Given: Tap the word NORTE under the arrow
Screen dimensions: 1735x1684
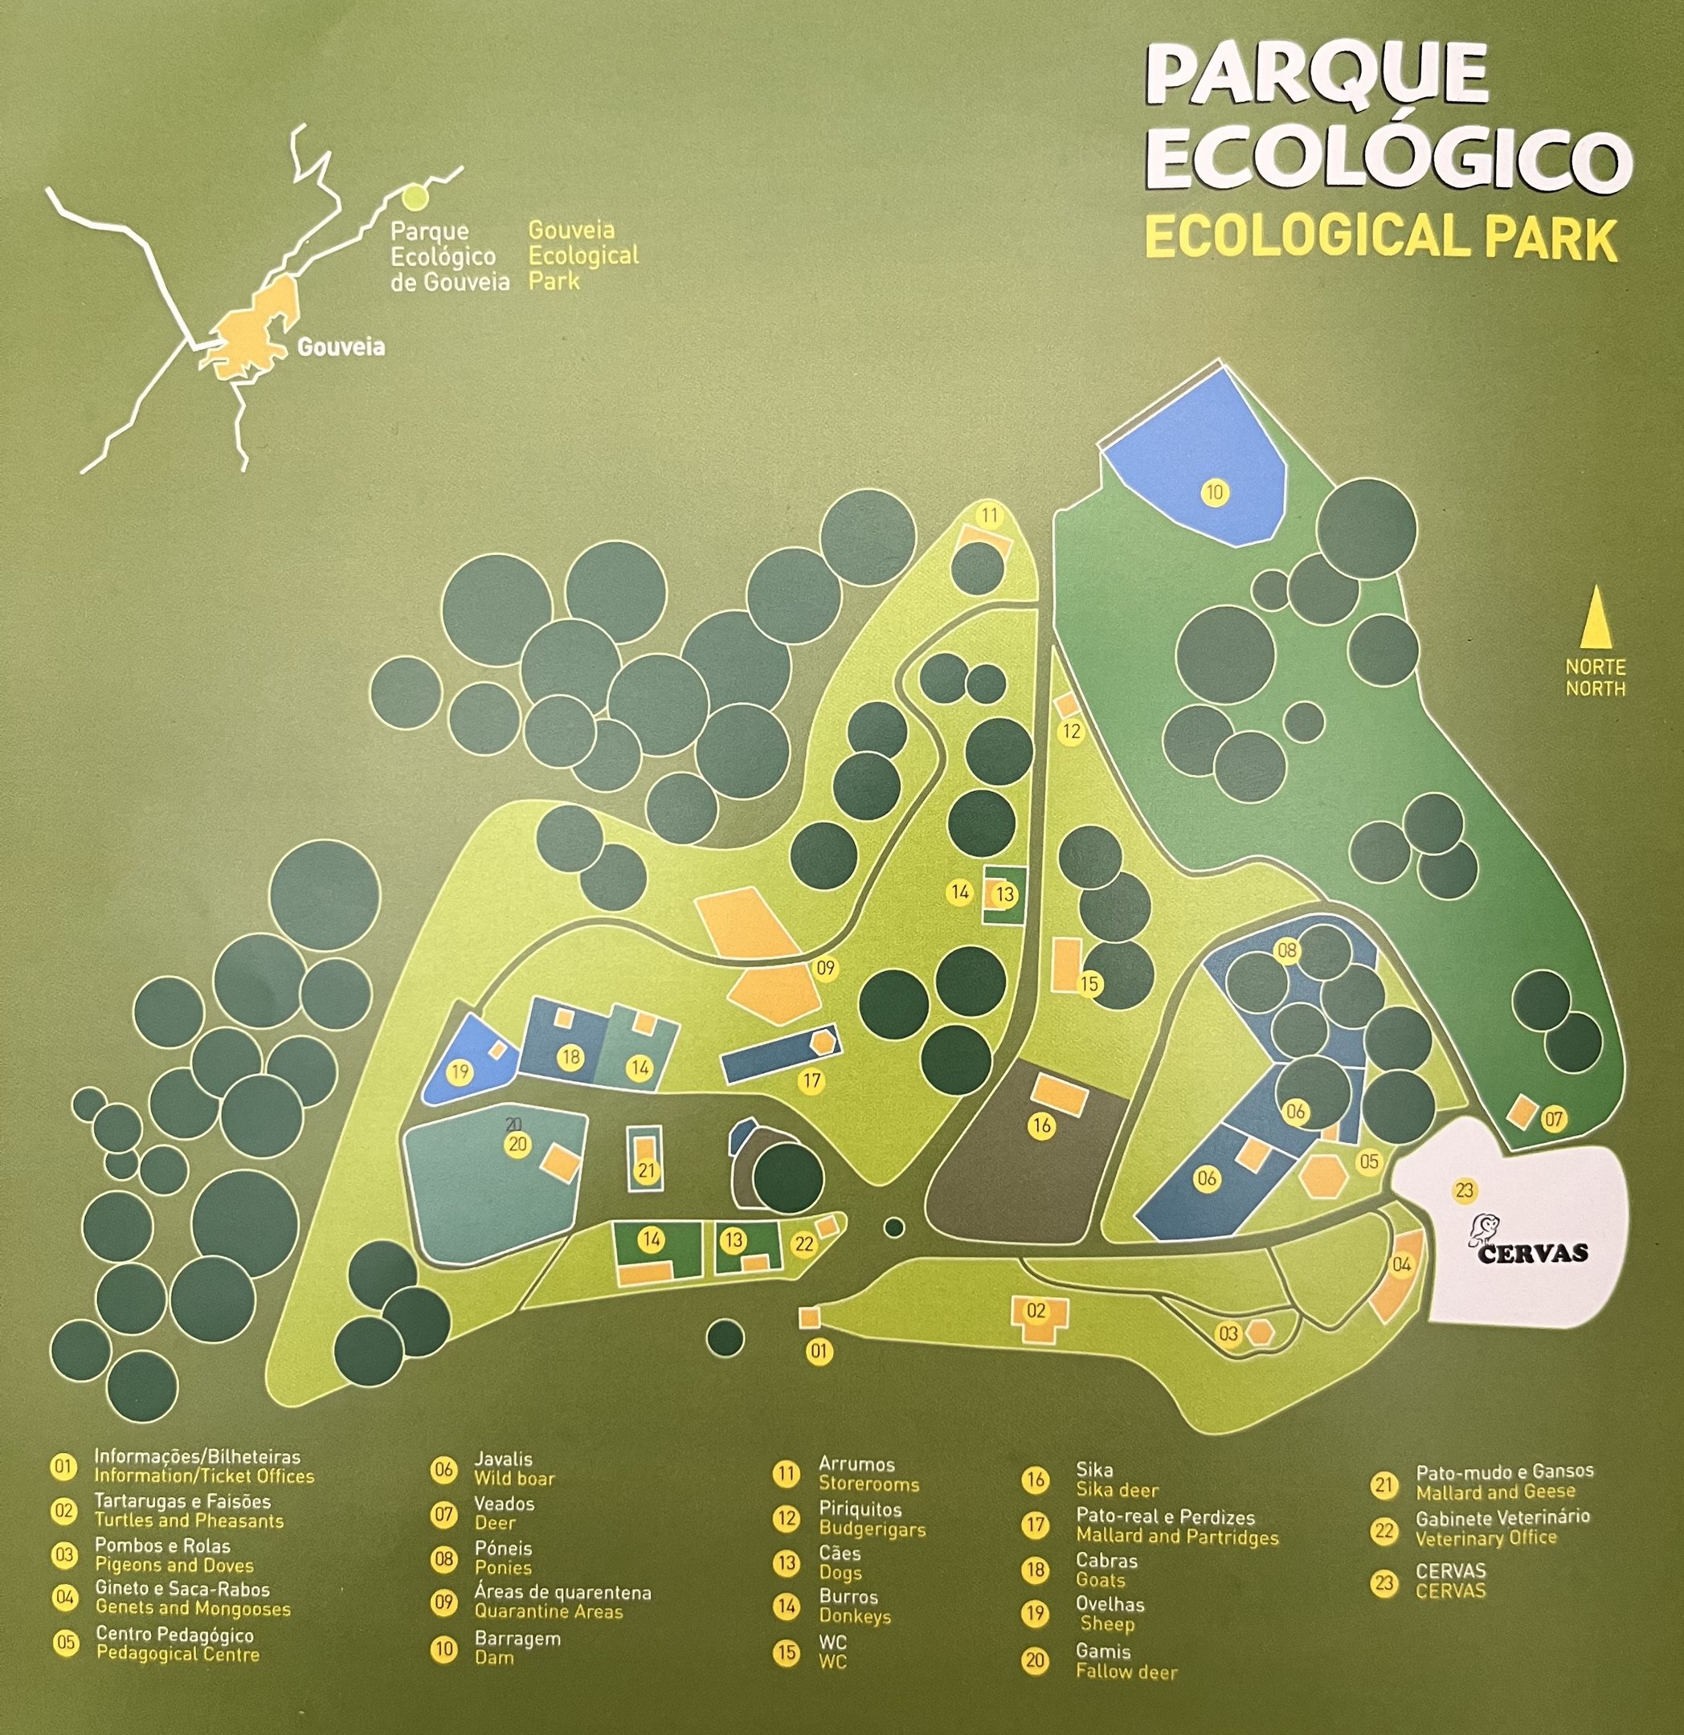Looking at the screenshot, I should [x=1596, y=667].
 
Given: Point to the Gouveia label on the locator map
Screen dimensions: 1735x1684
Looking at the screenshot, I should [x=341, y=346].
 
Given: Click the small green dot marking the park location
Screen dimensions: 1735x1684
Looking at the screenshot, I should [x=415, y=193].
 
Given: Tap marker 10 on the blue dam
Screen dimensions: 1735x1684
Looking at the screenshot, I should [x=1214, y=492].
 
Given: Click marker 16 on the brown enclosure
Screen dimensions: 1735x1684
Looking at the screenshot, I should [x=1041, y=1125].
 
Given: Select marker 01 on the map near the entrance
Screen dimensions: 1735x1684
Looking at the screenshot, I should [x=819, y=1351].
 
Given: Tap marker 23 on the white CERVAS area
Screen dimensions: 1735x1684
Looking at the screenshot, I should [x=1464, y=1190].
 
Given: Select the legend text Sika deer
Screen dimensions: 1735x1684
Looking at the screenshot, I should [x=1117, y=1491].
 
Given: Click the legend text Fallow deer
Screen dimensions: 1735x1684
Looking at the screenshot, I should [x=1126, y=1672].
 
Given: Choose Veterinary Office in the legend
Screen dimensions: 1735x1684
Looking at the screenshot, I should [x=1485, y=1537].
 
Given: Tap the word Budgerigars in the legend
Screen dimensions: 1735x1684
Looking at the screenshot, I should [x=871, y=1529].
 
